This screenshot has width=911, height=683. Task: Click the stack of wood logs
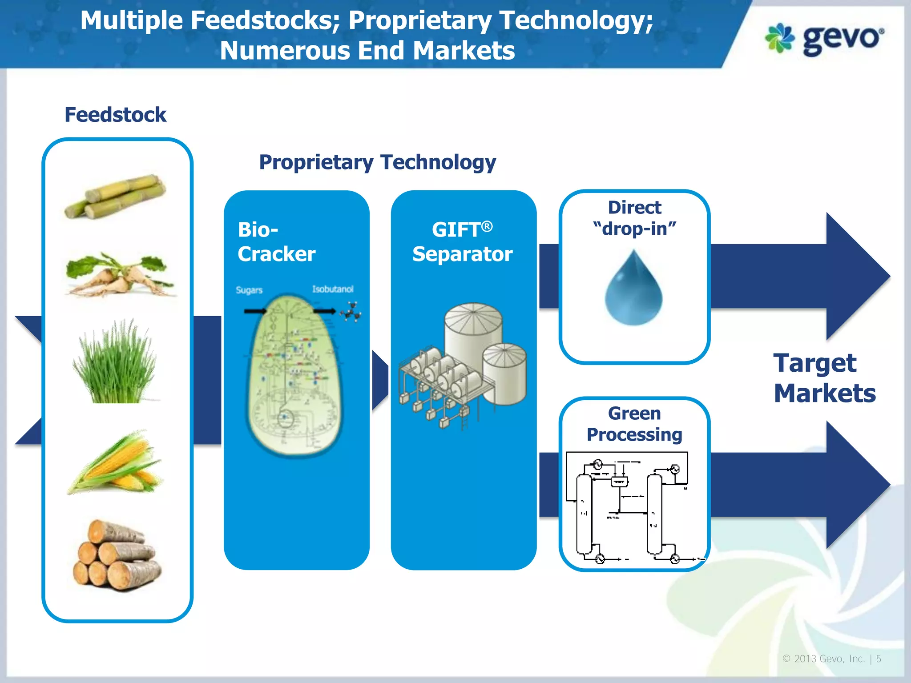117,556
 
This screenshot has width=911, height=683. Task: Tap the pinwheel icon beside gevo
779,38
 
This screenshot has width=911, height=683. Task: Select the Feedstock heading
115,115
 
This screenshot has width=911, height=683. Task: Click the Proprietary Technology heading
377,162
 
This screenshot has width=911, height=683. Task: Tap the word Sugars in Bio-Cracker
249,290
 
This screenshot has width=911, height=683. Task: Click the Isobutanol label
332,289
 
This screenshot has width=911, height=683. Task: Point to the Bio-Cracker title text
276,242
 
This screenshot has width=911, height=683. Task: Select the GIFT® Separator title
463,242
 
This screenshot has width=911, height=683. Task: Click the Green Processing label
634,424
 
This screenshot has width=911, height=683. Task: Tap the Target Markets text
824,378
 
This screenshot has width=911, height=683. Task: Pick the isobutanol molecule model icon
351,312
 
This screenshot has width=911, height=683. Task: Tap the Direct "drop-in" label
634,218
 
